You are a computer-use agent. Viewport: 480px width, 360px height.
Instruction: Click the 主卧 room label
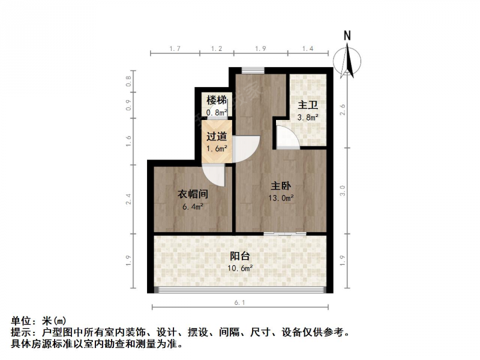click(x=281, y=186)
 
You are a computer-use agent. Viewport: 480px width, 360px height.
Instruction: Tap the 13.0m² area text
click(x=281, y=198)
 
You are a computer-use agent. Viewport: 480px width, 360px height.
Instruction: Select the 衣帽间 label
click(x=193, y=194)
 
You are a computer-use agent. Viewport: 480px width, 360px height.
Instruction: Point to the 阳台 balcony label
click(x=240, y=256)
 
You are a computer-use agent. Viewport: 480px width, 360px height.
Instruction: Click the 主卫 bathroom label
click(x=308, y=105)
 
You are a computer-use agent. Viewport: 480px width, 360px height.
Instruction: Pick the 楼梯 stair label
click(x=217, y=100)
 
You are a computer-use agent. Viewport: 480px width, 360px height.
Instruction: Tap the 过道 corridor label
click(x=217, y=136)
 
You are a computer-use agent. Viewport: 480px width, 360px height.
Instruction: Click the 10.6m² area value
click(x=240, y=268)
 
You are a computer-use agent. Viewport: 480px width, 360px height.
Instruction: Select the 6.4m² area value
click(x=193, y=206)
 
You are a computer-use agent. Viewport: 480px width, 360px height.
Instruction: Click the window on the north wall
click(x=253, y=70)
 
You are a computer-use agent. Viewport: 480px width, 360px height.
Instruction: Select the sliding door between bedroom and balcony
click(x=285, y=234)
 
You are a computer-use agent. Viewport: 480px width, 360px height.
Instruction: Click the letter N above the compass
click(x=347, y=36)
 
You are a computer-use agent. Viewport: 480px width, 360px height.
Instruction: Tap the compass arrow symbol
click(x=347, y=61)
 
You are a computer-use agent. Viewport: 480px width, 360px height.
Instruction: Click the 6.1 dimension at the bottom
click(x=240, y=303)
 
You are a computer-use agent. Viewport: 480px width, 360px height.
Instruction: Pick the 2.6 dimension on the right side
click(x=343, y=109)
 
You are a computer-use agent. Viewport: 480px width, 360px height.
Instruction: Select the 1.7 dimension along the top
click(x=175, y=49)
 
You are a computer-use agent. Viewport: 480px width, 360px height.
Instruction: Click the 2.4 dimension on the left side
click(x=128, y=199)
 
